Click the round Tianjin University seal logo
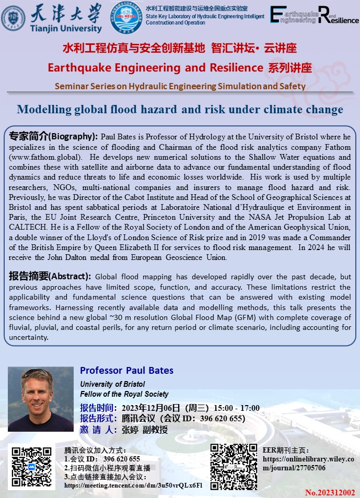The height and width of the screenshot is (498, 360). tap(13, 18)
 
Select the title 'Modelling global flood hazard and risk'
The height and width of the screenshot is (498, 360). tap(180, 109)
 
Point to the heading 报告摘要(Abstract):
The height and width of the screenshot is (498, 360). tap(50, 277)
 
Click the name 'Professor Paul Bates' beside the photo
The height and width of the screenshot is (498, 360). tap(126, 371)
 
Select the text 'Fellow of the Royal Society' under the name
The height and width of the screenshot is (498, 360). tap(124, 394)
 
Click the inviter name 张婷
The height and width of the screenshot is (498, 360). tap(130, 430)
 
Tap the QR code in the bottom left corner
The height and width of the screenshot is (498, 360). tap(31, 467)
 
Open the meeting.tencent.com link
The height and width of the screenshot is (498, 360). tap(133, 485)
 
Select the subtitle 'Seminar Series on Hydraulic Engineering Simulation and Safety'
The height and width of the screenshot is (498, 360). tap(180, 86)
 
